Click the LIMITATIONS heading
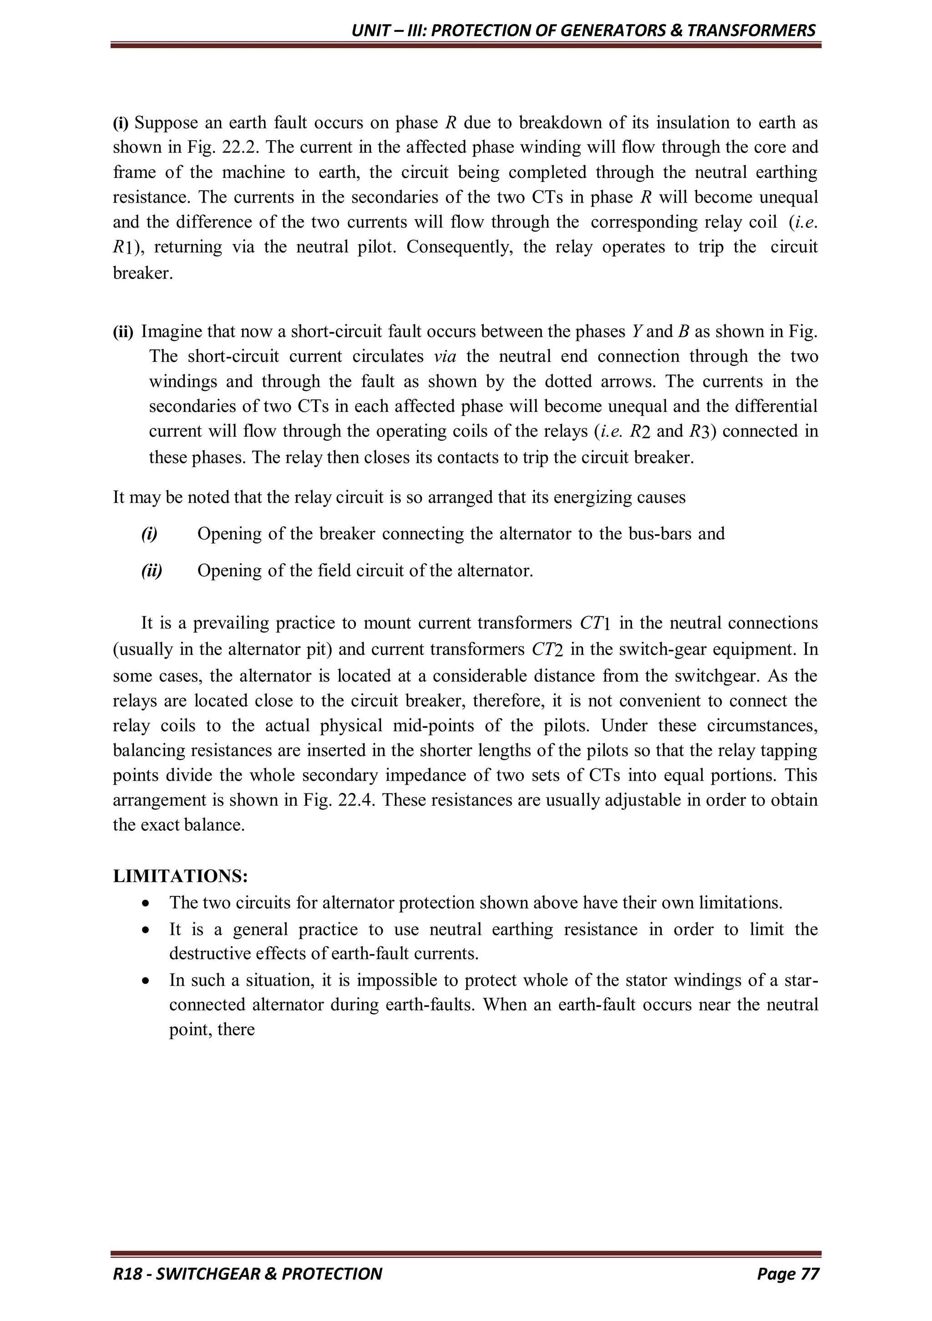pos(180,876)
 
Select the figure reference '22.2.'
pos(241,147)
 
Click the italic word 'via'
pos(445,356)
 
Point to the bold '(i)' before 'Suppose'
pos(121,122)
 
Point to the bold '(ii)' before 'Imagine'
pos(122,332)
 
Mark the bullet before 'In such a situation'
pos(148,980)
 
